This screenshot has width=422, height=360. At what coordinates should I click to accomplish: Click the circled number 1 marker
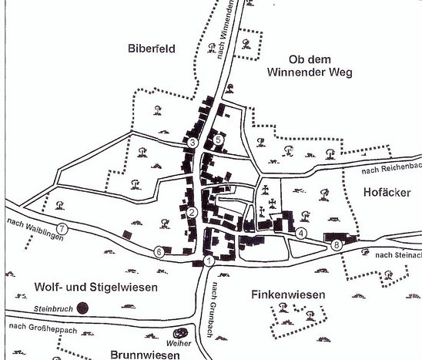click(x=209, y=262)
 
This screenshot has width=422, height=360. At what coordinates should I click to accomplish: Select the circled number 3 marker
click(x=193, y=143)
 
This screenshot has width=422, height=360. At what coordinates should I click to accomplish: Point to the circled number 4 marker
click(x=301, y=233)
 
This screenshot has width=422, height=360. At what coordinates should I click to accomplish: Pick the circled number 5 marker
click(x=219, y=140)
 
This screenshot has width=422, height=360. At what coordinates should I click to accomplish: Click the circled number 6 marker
click(x=159, y=251)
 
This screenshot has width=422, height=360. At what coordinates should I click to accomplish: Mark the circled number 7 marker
click(x=62, y=229)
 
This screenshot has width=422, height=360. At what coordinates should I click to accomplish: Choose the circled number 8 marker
click(x=336, y=245)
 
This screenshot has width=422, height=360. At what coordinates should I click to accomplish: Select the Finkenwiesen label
click(x=290, y=295)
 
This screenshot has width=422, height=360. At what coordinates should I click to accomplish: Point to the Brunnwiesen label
click(x=145, y=355)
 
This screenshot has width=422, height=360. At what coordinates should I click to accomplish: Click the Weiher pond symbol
click(x=173, y=337)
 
